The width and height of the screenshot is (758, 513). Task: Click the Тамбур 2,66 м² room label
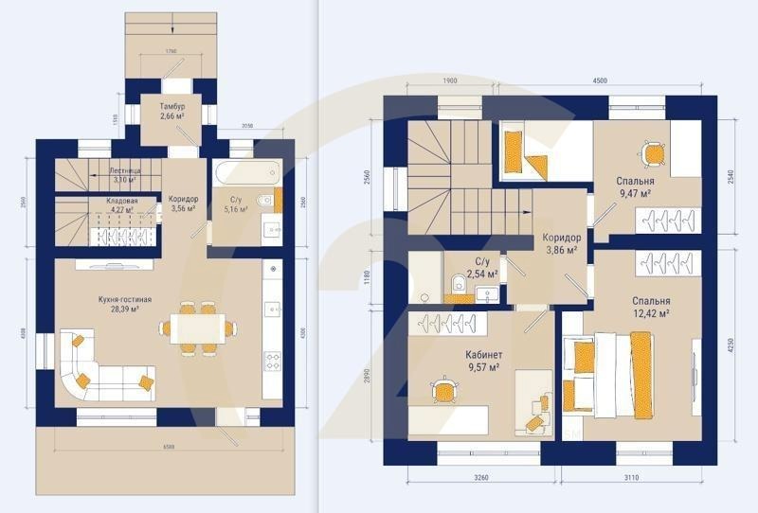[172, 113]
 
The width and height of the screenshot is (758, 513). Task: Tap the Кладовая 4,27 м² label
[121, 206]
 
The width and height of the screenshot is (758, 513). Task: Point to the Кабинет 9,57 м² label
[483, 362]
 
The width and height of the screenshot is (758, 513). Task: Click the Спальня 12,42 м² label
[651, 308]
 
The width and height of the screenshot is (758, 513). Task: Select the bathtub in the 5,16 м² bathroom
[245, 173]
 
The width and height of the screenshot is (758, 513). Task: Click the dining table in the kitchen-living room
[198, 328]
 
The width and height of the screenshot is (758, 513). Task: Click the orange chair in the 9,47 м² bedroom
[652, 152]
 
